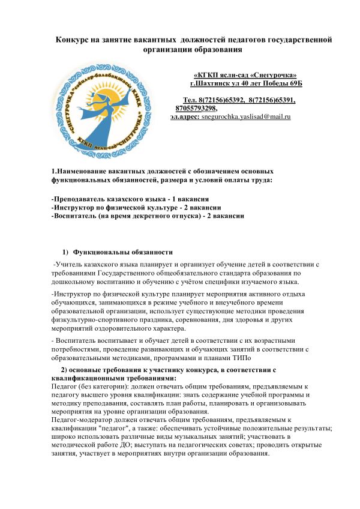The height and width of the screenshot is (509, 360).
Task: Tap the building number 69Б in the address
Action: (296, 83)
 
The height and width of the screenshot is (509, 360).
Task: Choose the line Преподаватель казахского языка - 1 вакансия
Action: (130, 199)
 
